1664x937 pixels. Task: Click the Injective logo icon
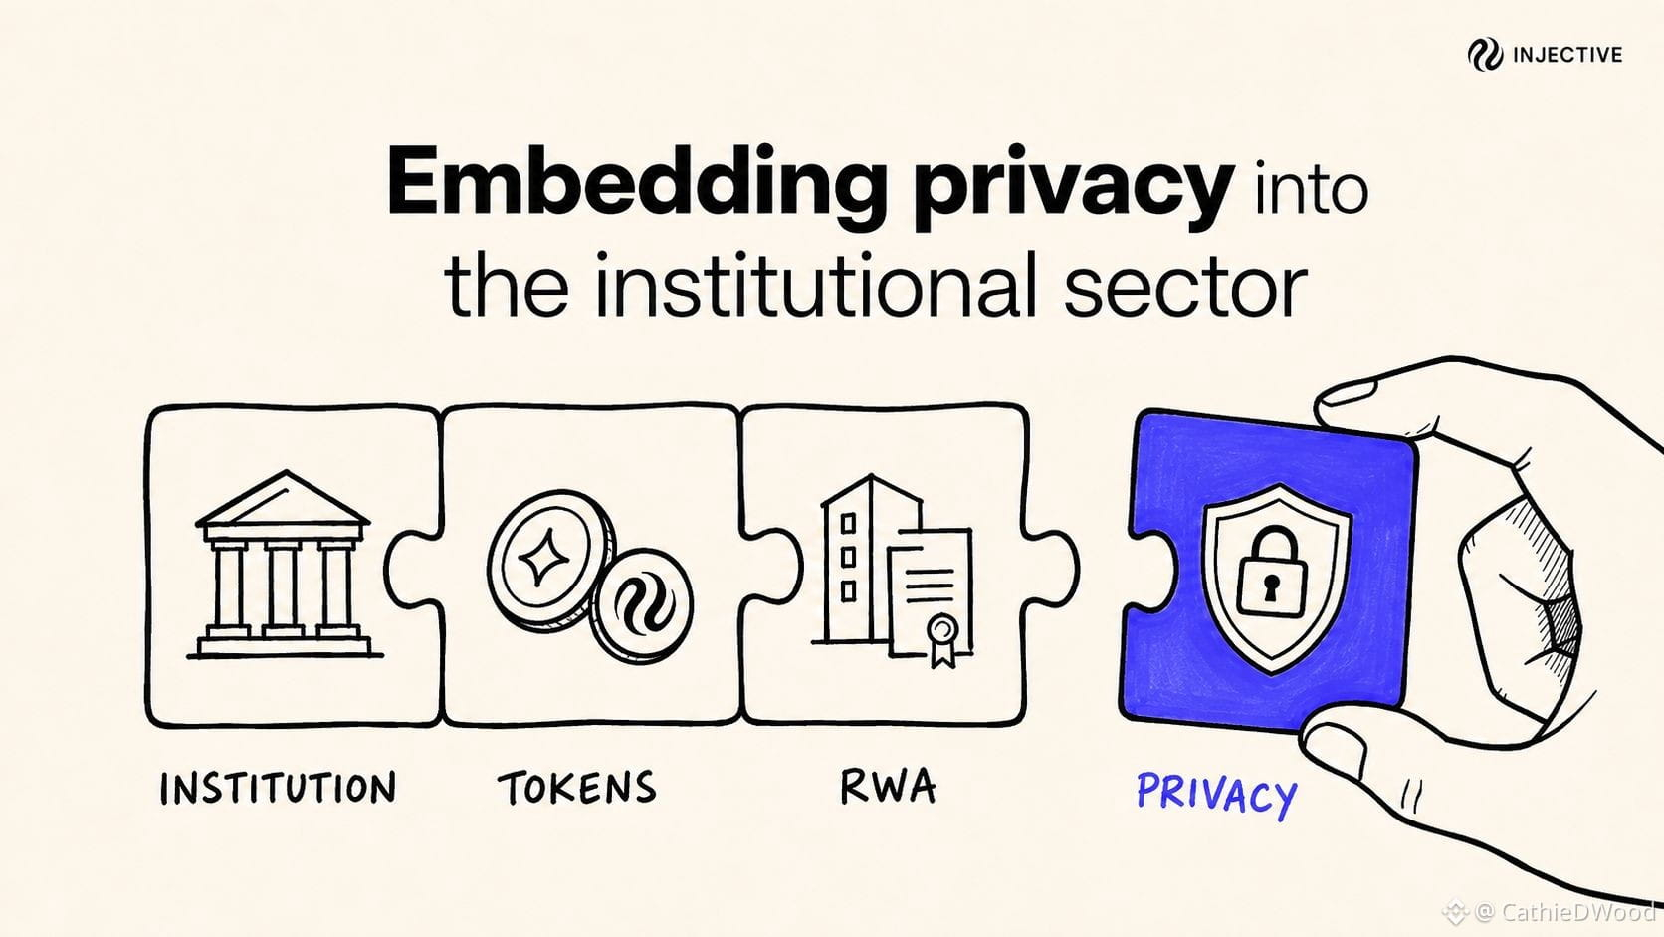(1485, 55)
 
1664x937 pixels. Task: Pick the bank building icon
(285, 565)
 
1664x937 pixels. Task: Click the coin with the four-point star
(549, 561)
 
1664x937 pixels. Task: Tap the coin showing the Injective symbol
(641, 605)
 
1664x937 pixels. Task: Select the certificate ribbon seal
(942, 640)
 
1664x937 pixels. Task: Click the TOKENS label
(577, 788)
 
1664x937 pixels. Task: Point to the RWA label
(888, 786)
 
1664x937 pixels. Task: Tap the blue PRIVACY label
(1217, 795)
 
